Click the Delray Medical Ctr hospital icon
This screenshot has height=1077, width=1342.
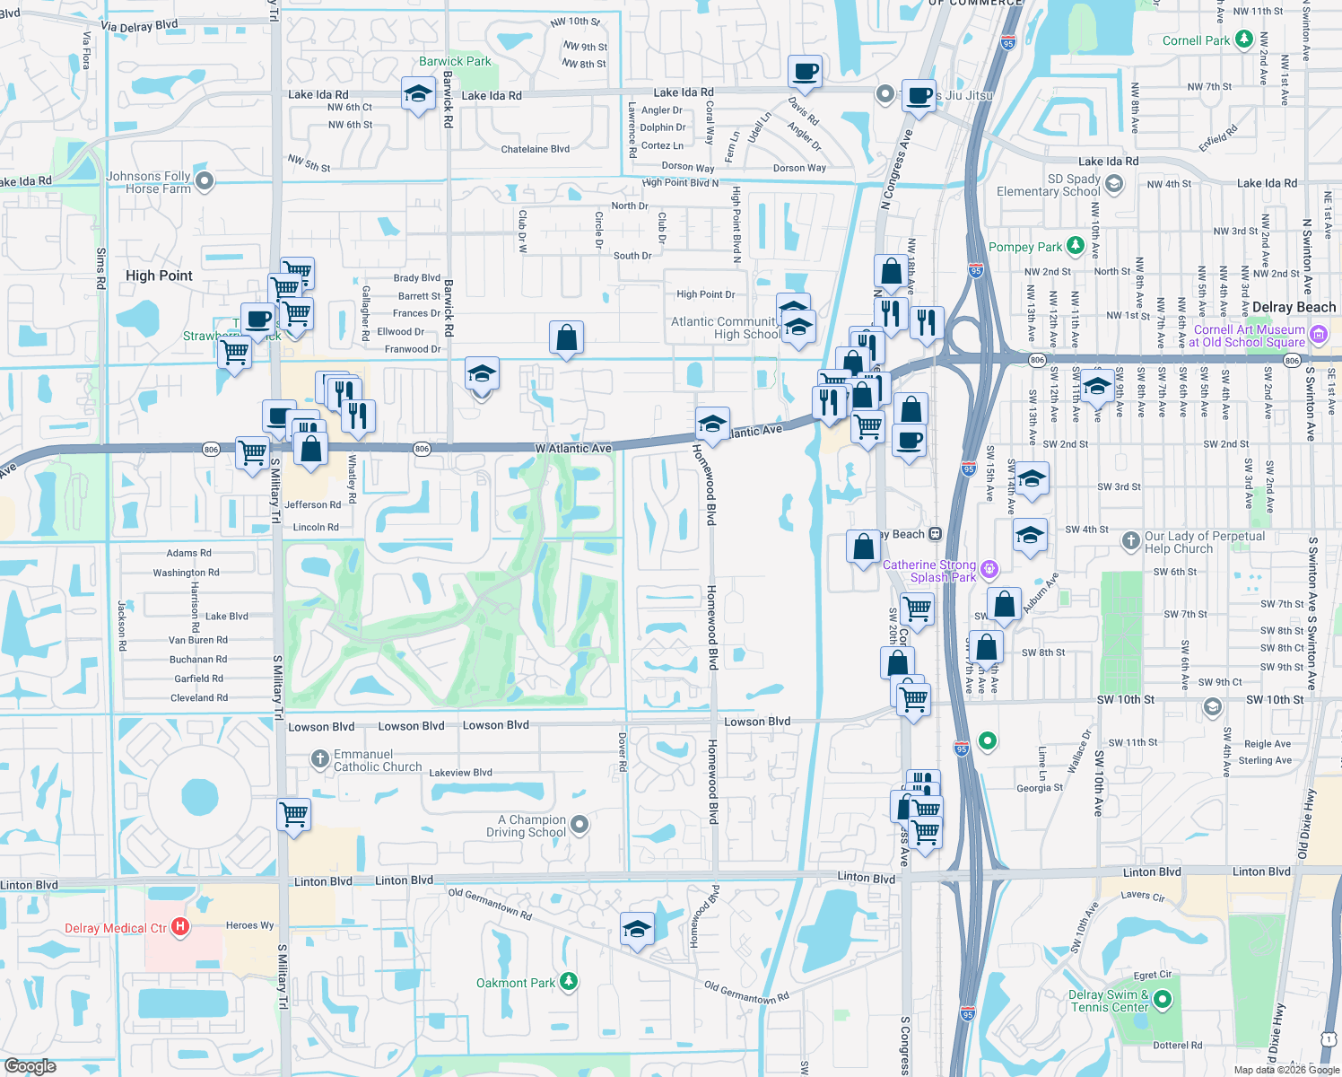click(x=180, y=927)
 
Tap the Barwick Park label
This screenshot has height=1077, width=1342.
click(x=455, y=61)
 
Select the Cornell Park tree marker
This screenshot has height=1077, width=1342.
click(x=1243, y=39)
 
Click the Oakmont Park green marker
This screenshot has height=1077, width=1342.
click(x=569, y=982)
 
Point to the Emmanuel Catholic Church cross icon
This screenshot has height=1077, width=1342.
click(x=320, y=759)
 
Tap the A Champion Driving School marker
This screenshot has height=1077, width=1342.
click(x=579, y=824)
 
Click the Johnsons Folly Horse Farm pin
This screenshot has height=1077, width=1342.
click(x=205, y=181)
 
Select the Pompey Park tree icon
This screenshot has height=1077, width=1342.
click(x=1076, y=246)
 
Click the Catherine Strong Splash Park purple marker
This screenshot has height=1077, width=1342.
click(x=989, y=568)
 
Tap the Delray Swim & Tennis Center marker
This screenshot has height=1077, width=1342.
click(x=1163, y=999)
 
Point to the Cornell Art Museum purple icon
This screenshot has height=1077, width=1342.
click(x=1318, y=335)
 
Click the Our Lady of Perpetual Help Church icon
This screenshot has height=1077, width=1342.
click(x=1131, y=540)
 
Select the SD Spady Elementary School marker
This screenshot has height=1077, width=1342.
click(x=1114, y=184)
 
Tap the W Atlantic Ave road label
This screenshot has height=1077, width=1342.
click(x=573, y=448)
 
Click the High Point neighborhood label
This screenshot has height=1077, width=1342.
click(x=159, y=276)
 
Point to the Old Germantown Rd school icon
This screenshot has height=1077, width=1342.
click(x=637, y=929)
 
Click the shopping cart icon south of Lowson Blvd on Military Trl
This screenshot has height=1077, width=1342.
click(x=294, y=815)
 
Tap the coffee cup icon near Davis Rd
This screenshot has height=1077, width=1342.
click(x=805, y=71)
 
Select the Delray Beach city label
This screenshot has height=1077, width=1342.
click(x=1294, y=307)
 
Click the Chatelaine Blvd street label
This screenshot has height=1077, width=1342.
click(x=535, y=149)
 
